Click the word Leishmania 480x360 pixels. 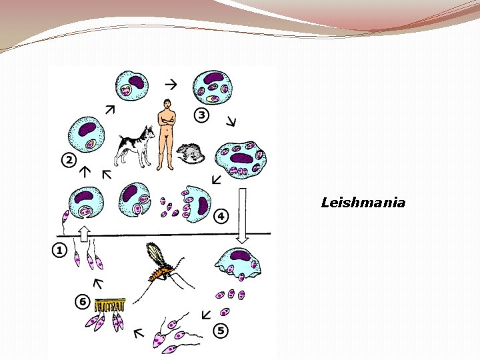[363, 203]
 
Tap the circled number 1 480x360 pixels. [59, 250]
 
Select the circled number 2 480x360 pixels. [68, 159]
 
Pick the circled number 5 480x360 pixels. [221, 329]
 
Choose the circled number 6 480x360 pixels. [83, 302]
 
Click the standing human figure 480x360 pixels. [165, 134]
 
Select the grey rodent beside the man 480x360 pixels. [191, 154]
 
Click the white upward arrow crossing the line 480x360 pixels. [83, 233]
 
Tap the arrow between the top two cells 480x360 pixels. [171, 85]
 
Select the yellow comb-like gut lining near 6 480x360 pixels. [110, 307]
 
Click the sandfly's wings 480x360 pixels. [154, 253]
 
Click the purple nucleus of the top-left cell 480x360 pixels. [136, 83]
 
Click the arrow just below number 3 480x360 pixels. [231, 121]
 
